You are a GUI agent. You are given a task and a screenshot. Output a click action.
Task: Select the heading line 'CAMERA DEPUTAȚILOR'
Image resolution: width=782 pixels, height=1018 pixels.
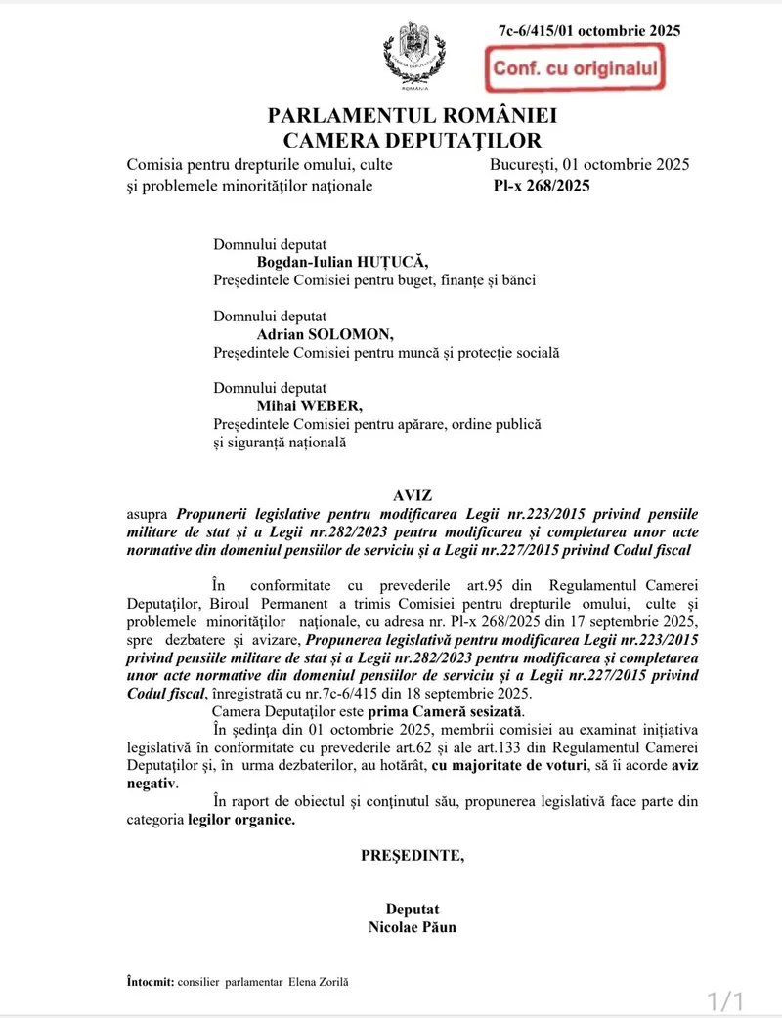[x=412, y=141]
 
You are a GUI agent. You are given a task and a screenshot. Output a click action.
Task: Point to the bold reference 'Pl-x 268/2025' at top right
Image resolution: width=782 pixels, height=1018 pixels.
[x=542, y=186]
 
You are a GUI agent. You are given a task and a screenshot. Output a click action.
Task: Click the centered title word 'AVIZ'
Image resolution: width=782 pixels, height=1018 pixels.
[x=413, y=496]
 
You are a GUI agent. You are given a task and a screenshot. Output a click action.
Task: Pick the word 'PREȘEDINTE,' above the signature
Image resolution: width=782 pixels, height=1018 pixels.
[x=413, y=855]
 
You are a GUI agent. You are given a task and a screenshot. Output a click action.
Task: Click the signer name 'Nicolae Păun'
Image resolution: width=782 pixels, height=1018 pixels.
[x=413, y=926]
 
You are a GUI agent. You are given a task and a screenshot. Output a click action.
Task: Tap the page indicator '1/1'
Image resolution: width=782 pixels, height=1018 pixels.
[x=726, y=1000]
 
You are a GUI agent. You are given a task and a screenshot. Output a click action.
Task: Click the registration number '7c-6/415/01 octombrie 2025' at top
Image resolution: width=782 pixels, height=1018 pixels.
[x=589, y=30]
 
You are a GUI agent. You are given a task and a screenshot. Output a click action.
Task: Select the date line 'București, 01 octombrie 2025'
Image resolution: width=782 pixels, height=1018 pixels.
[x=590, y=164]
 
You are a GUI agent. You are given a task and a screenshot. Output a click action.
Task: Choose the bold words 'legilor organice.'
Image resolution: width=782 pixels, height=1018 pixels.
[x=241, y=820]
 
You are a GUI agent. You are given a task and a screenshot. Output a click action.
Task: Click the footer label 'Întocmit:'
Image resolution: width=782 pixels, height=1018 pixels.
[x=151, y=980]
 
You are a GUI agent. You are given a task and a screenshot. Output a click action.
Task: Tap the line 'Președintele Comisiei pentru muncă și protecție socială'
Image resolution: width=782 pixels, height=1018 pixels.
[x=386, y=353]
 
